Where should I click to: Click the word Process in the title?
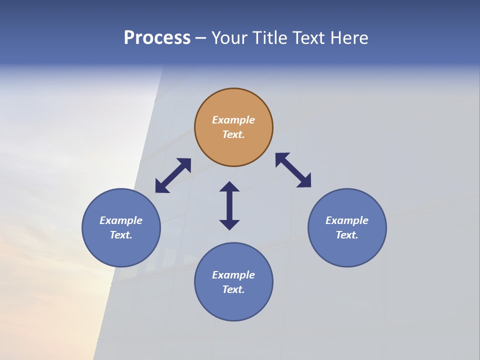157,38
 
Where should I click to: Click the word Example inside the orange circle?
233,120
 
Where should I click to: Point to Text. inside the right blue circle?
347,235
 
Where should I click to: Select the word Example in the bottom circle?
233,275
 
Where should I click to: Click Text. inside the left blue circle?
121,235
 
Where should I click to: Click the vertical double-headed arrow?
229,205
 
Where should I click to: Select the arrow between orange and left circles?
173,175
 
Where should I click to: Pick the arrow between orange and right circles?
293,170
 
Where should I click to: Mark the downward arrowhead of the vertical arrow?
229,224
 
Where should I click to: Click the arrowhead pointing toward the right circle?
304,181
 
